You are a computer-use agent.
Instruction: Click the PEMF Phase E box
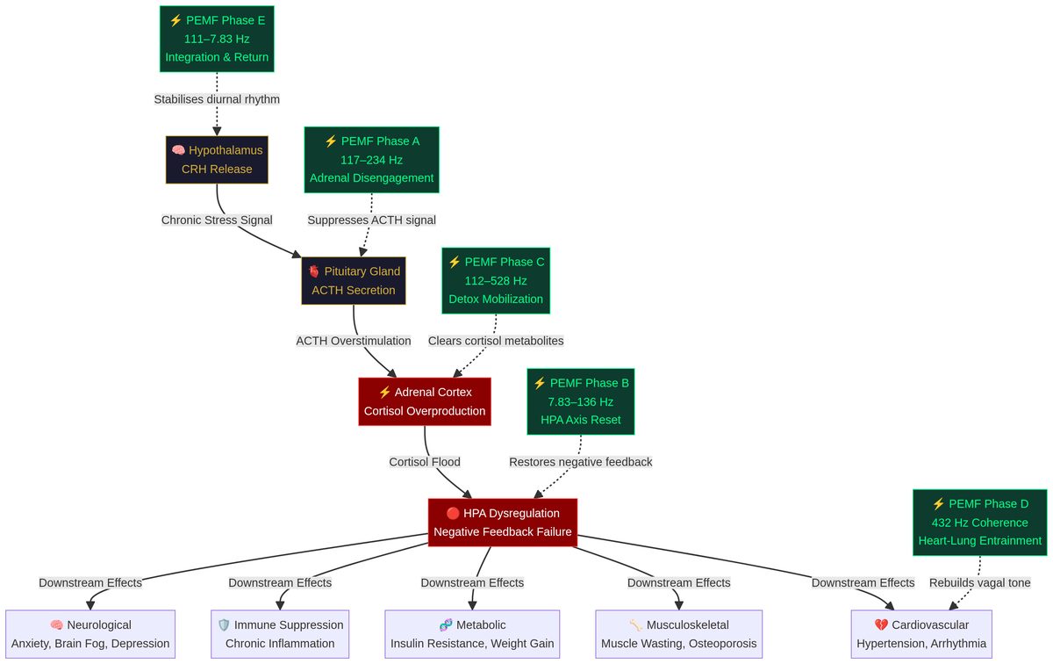tap(217, 39)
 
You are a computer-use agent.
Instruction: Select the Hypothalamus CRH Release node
tap(217, 159)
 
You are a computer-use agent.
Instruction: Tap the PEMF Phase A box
tap(371, 160)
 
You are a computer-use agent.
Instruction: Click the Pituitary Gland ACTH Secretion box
tap(354, 280)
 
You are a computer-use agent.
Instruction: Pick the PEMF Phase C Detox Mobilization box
tap(496, 280)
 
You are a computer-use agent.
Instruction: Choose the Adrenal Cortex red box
tap(425, 401)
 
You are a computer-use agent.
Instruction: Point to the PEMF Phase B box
tap(581, 401)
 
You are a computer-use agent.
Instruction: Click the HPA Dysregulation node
tap(503, 522)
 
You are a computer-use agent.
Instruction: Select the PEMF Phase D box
tap(979, 522)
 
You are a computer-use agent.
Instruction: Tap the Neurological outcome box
tap(90, 634)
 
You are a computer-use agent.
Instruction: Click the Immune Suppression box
tap(280, 634)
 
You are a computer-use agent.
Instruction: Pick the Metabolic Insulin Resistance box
tap(472, 634)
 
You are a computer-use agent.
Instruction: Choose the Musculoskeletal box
tap(678, 634)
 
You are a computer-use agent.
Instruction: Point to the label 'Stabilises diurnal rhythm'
tap(217, 99)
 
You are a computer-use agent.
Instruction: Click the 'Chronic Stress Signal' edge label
tap(217, 220)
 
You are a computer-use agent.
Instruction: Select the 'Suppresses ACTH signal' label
tap(371, 220)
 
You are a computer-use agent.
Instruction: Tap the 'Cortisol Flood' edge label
tap(425, 461)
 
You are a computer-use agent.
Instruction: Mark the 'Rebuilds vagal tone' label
tap(979, 582)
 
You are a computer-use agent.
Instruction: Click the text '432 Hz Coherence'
tap(979, 522)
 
